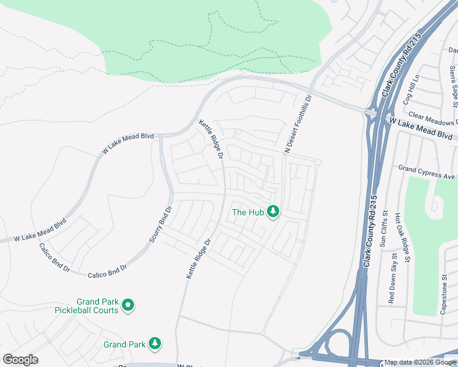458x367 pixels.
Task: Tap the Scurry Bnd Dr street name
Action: tap(161, 223)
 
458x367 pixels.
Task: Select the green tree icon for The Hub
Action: tap(273, 212)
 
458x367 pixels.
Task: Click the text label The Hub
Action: tap(247, 213)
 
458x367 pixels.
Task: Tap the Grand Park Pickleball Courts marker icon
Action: tap(128, 305)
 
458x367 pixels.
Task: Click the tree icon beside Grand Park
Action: tap(156, 344)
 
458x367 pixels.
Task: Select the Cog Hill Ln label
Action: tap(411, 90)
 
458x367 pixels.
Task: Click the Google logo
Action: tap(20, 360)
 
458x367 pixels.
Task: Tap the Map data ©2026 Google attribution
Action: tap(420, 363)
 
